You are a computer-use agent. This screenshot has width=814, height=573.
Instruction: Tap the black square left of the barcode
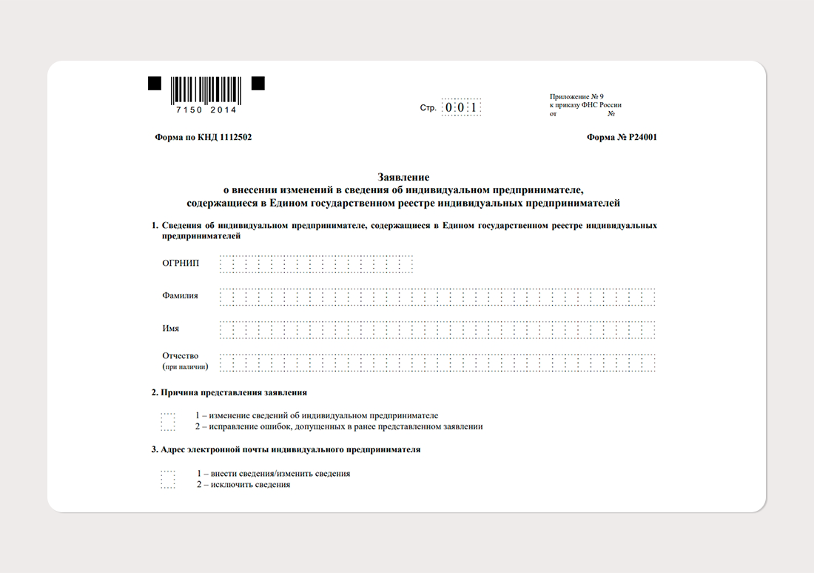click(x=155, y=83)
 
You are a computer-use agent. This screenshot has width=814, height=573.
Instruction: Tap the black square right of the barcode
click(x=258, y=83)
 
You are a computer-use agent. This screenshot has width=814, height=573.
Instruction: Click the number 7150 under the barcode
click(x=188, y=110)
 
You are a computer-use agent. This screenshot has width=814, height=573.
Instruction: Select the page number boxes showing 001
click(x=461, y=108)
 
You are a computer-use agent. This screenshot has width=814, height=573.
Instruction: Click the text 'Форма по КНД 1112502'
click(x=203, y=137)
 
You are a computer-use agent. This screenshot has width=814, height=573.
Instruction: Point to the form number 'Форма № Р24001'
click(x=622, y=137)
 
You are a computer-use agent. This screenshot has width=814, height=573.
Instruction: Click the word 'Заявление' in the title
click(x=403, y=178)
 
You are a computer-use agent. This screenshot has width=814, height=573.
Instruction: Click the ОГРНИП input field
click(x=316, y=264)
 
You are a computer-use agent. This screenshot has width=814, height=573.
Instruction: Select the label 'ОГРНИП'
click(x=181, y=264)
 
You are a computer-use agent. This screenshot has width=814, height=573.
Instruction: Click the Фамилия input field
click(x=437, y=297)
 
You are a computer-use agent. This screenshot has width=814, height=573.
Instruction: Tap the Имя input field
click(x=437, y=329)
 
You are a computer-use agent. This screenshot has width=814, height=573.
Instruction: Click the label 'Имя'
click(x=171, y=329)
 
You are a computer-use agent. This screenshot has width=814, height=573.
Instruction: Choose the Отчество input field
click(x=437, y=362)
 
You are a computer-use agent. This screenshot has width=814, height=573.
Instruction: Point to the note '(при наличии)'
click(x=185, y=366)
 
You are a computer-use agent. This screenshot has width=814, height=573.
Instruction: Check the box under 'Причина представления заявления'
click(x=168, y=421)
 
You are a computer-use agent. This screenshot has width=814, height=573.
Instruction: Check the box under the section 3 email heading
click(x=168, y=479)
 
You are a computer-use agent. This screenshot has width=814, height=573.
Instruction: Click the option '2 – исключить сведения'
click(x=243, y=485)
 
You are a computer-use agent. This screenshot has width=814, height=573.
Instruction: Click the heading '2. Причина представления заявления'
click(x=229, y=392)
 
